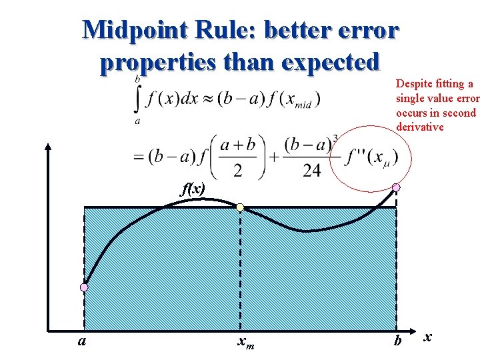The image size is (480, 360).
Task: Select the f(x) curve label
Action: [193, 189]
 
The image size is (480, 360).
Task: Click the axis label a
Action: [81, 341]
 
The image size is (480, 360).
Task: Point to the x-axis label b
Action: [398, 341]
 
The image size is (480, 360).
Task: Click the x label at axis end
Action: [427, 337]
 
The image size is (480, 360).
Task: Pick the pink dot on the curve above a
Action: [84, 287]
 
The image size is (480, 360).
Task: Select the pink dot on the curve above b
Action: [396, 187]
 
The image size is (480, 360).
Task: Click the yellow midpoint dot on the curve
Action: [240, 207]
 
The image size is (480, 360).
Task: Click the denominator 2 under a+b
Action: [238, 171]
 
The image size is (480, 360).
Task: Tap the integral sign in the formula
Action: [138, 99]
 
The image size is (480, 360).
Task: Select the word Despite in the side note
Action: [414, 84]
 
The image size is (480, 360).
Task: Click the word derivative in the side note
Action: [420, 127]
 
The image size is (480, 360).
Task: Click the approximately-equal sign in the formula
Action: [213, 99]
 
